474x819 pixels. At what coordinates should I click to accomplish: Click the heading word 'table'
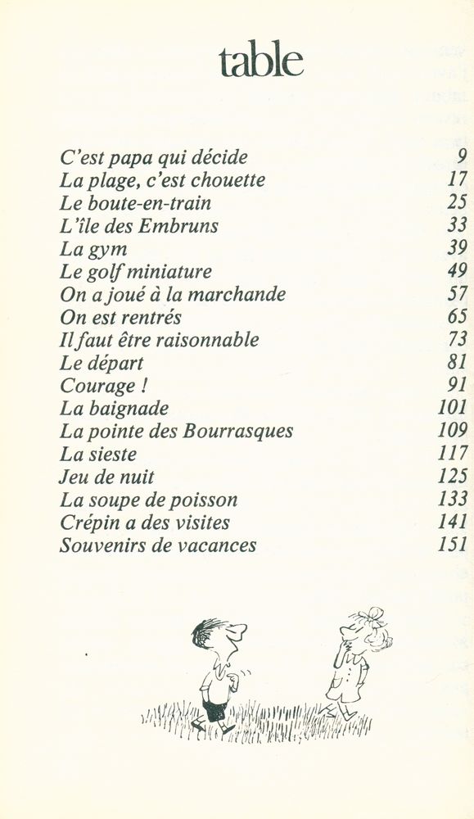point(260,61)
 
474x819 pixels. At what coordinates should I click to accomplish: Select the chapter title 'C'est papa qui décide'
point(154,157)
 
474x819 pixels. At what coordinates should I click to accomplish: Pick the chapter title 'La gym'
point(93,249)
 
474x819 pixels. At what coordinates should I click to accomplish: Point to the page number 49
point(458,271)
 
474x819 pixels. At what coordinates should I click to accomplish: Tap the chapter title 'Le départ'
point(102,363)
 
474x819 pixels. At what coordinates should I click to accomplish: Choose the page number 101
point(453,408)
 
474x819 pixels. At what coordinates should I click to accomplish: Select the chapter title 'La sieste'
point(98,454)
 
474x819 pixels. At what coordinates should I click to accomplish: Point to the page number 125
point(453,476)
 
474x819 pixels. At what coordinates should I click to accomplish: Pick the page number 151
point(453,545)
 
